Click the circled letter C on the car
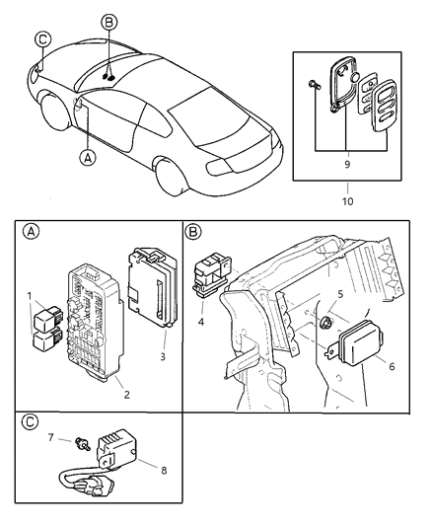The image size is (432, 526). coord(41,40)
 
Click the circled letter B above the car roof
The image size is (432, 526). coord(109,21)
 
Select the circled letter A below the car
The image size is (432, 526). coord(90,157)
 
